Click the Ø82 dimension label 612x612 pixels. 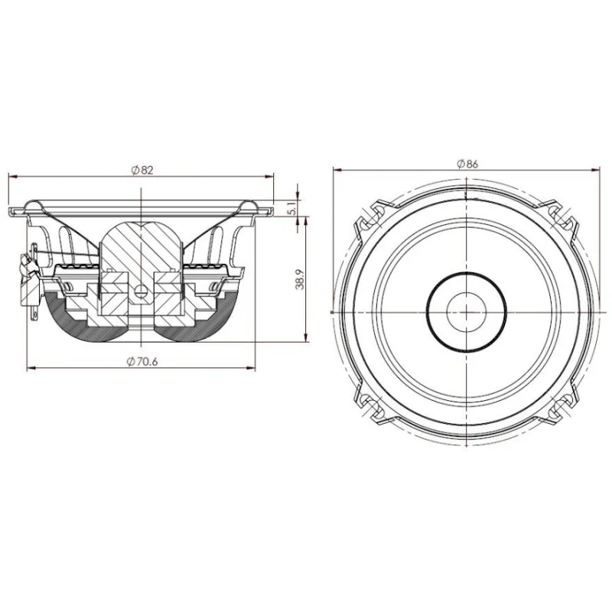143,170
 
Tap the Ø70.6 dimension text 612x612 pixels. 142,362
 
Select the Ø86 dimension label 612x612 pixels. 467,164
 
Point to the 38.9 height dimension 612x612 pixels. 300,278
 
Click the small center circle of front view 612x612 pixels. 467,312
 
